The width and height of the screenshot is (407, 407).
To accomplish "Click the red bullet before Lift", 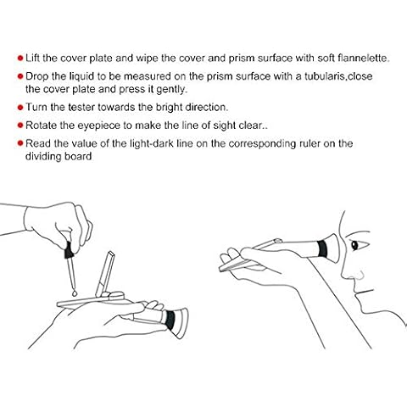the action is point(20,59).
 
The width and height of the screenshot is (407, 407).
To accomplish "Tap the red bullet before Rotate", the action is point(20,125).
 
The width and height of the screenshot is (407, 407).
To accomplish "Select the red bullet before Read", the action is point(20,143).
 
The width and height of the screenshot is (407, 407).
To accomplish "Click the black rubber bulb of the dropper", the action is point(69,250).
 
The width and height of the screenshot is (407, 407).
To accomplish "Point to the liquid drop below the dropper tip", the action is point(75,293).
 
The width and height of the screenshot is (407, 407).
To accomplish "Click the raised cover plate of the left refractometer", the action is point(105,274).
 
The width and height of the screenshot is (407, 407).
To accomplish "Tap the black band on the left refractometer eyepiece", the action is point(170,320).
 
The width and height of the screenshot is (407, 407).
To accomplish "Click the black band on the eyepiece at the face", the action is point(322,248).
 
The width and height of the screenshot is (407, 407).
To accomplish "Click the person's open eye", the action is point(355,244).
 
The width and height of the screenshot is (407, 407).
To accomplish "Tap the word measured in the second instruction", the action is point(148,76).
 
